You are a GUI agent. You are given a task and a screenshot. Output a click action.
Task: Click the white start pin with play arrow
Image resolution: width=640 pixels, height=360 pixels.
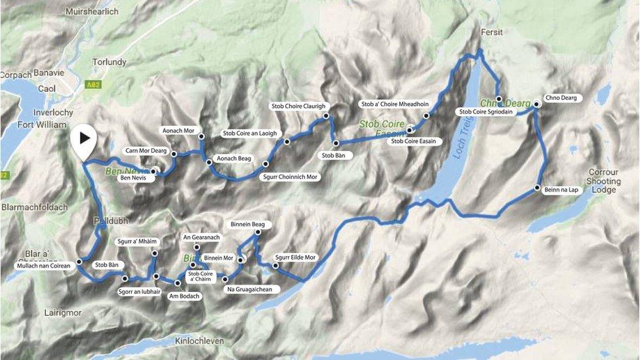[x=84, y=138]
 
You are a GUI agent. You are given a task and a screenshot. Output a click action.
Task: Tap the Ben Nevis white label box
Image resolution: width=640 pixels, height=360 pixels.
[x=138, y=178]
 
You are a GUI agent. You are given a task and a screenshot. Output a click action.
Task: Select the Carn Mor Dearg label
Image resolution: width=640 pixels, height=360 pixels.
[x=146, y=150]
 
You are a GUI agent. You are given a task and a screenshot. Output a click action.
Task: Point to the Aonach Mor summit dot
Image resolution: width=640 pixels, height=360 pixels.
[x=201, y=136]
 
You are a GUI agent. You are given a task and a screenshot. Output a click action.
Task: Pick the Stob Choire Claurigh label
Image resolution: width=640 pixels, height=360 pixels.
[x=298, y=106]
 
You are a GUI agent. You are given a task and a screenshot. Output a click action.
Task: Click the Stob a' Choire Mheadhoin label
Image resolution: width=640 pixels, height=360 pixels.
[x=395, y=104]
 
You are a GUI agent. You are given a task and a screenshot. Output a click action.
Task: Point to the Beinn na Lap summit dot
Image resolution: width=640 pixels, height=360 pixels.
[x=538, y=188]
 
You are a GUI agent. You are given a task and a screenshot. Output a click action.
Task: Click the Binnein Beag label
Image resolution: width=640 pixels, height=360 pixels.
[x=248, y=224]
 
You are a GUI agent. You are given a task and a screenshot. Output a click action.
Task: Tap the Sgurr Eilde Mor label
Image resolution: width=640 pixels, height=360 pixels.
[x=295, y=258]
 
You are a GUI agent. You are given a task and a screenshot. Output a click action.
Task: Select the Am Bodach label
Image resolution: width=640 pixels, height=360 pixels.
[x=184, y=296]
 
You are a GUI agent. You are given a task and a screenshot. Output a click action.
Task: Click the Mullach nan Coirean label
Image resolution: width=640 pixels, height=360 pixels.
[x=42, y=266]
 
